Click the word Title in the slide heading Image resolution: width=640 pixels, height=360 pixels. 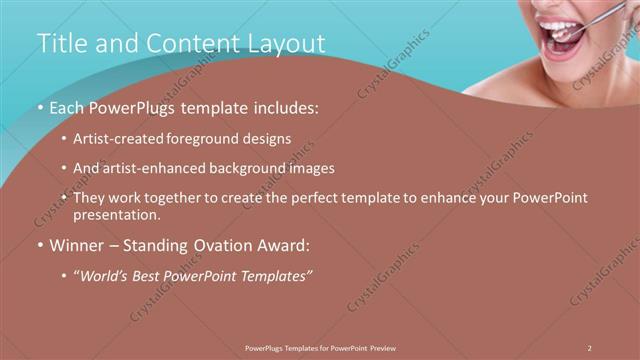[59, 44]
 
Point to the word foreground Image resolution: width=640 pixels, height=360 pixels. [212, 138]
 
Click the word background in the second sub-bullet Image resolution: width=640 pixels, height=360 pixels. [248, 168]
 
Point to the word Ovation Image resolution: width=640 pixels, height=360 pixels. [217, 244]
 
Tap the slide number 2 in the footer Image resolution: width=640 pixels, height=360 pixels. [590, 347]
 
